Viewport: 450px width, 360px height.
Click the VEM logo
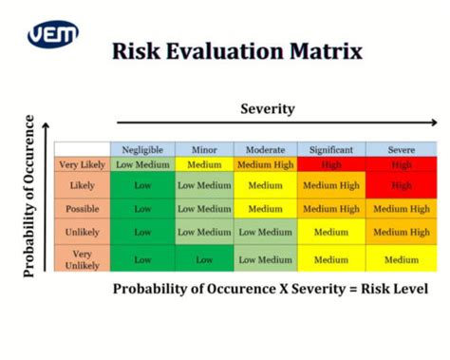[x=52, y=35]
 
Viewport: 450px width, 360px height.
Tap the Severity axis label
[x=267, y=108]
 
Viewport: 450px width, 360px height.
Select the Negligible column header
[x=142, y=149]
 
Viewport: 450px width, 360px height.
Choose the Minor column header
[x=204, y=149]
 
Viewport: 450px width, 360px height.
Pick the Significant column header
[x=330, y=149]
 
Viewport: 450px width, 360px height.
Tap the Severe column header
[x=402, y=149]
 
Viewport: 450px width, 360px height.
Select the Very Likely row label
[x=82, y=163]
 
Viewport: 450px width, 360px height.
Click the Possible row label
[x=82, y=208]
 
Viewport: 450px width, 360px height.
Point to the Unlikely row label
[x=82, y=231]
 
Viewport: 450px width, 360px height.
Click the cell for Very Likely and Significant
[x=330, y=163]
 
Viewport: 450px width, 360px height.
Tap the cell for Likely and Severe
[x=402, y=185]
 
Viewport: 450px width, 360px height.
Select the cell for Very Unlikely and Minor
[x=204, y=258]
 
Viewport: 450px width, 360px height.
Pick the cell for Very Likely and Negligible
[x=142, y=163]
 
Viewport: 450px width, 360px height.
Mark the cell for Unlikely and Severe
[x=402, y=231]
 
